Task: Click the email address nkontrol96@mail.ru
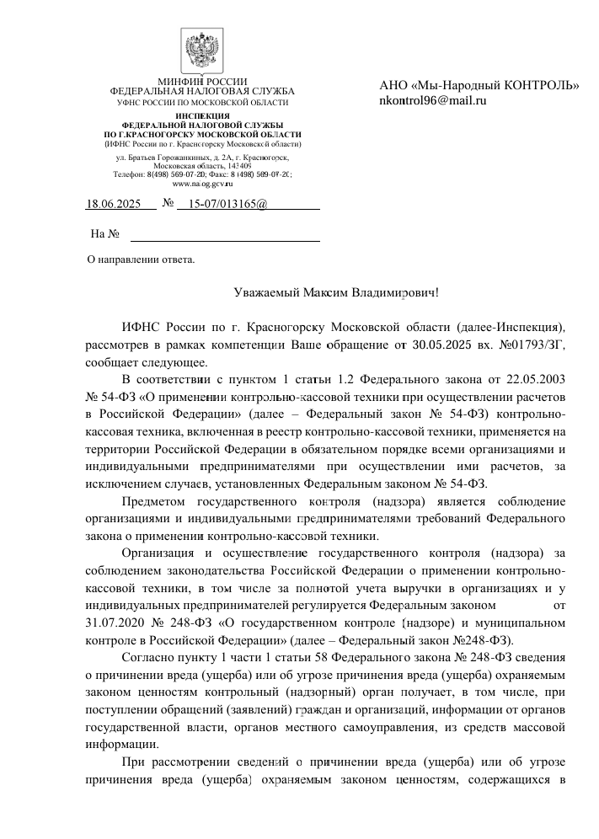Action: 434,100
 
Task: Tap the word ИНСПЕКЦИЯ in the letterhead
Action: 202,115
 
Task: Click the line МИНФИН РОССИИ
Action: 202,81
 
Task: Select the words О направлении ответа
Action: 142,259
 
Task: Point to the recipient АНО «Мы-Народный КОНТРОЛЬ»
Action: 479,85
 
